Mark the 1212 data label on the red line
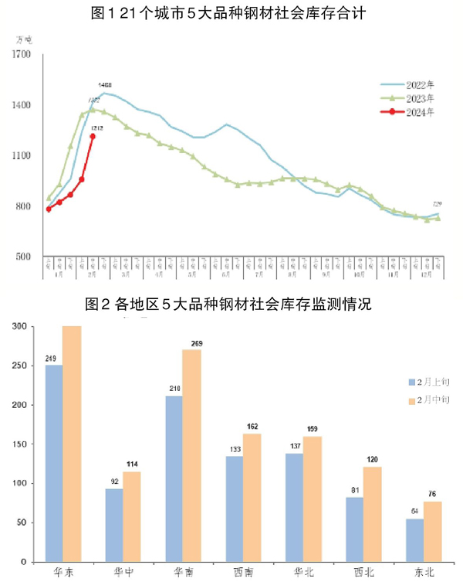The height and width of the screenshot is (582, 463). pyautogui.click(x=97, y=128)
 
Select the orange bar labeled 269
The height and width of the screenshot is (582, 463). pyautogui.click(x=191, y=455)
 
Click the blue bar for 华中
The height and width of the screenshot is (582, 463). pyautogui.click(x=113, y=525)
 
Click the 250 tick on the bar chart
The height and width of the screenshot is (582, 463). pyautogui.click(x=24, y=366)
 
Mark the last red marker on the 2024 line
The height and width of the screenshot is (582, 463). pyautogui.click(x=93, y=137)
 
